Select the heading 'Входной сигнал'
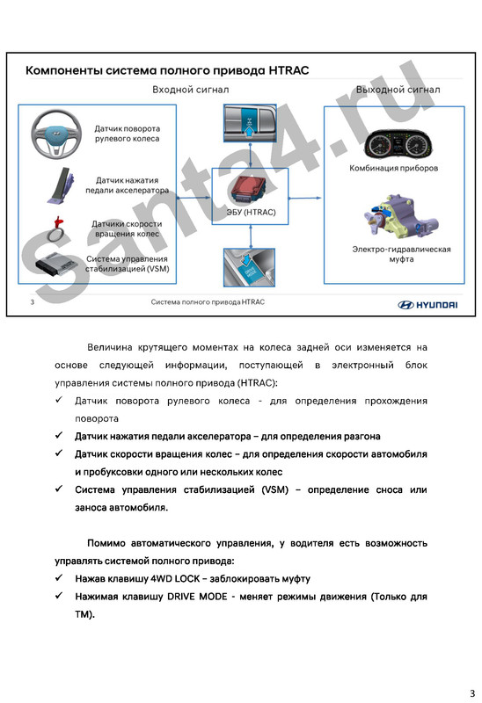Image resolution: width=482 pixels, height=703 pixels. [191, 90]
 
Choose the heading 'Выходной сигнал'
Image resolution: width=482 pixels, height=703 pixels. [398, 90]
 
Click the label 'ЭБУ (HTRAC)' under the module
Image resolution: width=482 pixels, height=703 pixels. [251, 212]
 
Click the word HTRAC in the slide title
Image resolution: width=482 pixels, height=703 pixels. [286, 69]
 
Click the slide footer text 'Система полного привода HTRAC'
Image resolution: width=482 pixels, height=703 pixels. [208, 302]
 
